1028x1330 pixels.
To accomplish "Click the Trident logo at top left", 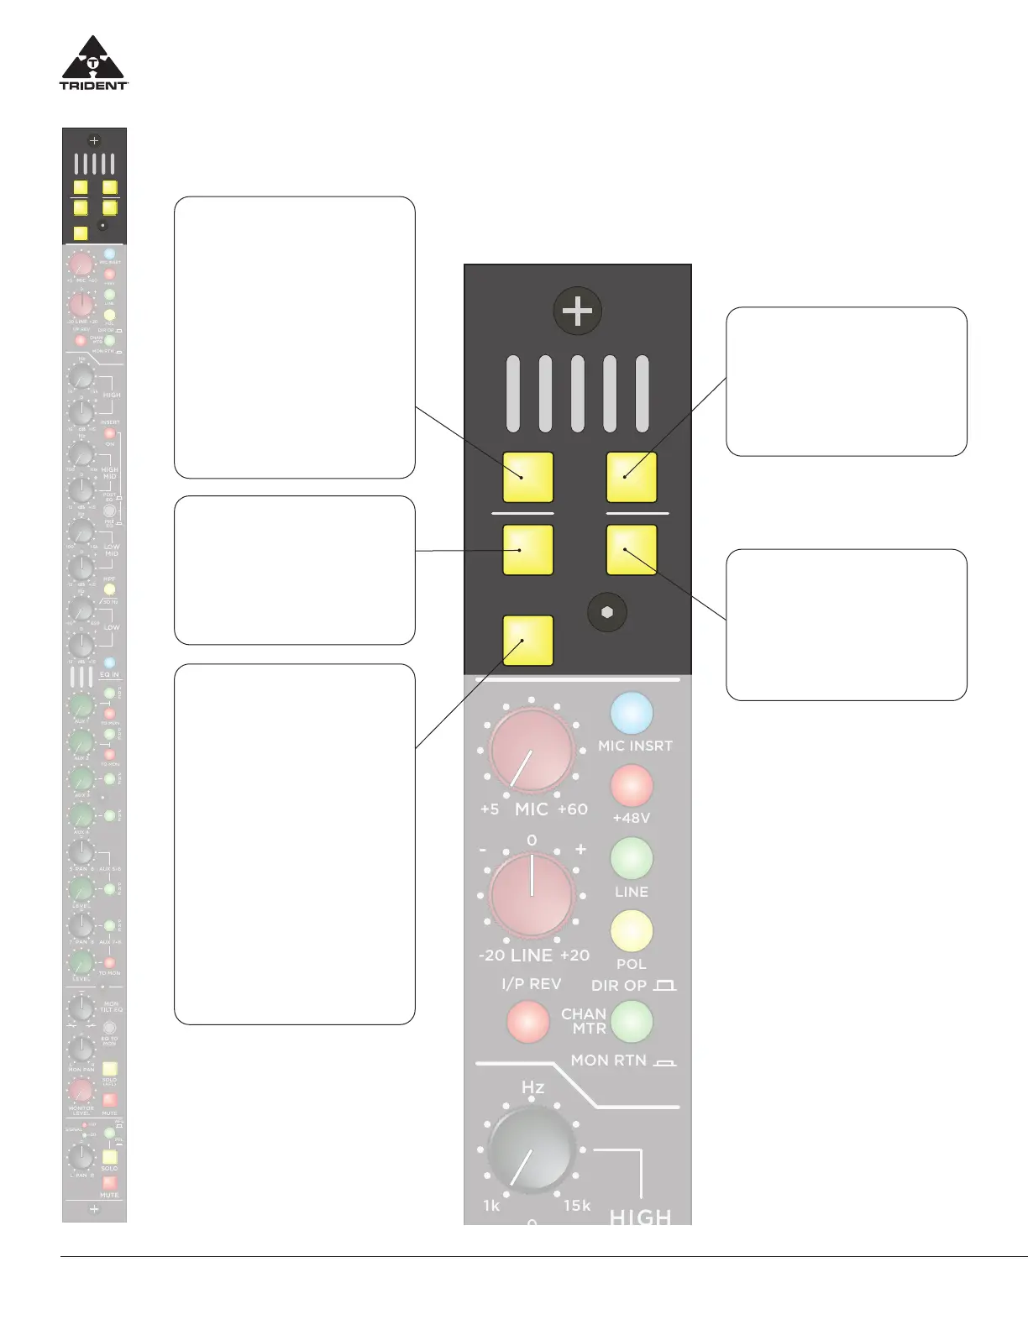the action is tap(93, 62).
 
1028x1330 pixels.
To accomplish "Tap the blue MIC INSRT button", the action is tap(632, 713).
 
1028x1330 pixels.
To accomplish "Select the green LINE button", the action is tap(632, 858).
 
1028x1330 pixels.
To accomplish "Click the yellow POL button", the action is tap(632, 931).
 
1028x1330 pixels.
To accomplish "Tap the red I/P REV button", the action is tap(527, 1021).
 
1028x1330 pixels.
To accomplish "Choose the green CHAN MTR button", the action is tap(632, 1021).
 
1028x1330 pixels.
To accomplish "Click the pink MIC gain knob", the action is tap(532, 751).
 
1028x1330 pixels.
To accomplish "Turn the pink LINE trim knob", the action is tap(532, 895).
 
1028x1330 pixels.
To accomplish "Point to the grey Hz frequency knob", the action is tap(532, 1149).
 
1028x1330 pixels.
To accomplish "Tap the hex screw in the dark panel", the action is tap(607, 612).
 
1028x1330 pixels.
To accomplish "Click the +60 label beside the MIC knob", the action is tap(573, 809).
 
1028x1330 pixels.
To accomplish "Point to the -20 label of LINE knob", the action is tap(491, 956).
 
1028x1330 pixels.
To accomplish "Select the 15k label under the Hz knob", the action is tap(577, 1206).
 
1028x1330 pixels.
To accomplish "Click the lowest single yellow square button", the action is tap(527, 640).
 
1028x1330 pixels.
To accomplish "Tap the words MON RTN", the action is tap(609, 1060).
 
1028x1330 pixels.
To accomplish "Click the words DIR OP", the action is tap(619, 986).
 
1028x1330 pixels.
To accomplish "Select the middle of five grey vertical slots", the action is tap(577, 394).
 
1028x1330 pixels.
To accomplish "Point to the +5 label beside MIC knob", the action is tap(490, 809).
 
